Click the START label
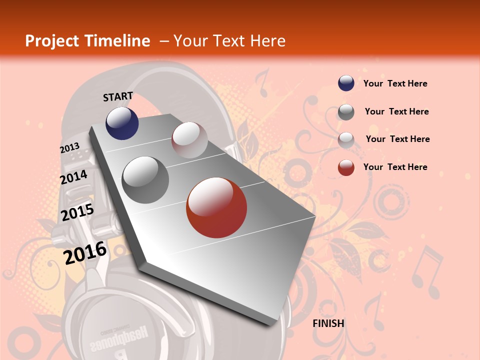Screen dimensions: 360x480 [118, 96]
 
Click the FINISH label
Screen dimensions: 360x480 [328, 323]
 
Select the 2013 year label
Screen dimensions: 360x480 [69, 148]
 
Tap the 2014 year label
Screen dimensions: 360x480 [73, 177]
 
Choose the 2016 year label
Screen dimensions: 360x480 [85, 253]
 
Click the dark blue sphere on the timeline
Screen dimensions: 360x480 [122, 123]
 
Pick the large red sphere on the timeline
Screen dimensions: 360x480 [216, 208]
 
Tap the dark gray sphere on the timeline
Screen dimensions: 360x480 [145, 180]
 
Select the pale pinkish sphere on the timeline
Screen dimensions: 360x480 [189, 140]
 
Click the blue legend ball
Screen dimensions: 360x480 [346, 83]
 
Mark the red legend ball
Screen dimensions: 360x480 [346, 167]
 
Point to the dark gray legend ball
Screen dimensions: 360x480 [346, 112]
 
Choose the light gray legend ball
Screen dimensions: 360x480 [346, 139]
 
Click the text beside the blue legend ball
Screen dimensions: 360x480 [395, 83]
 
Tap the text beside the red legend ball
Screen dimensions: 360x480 [395, 167]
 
